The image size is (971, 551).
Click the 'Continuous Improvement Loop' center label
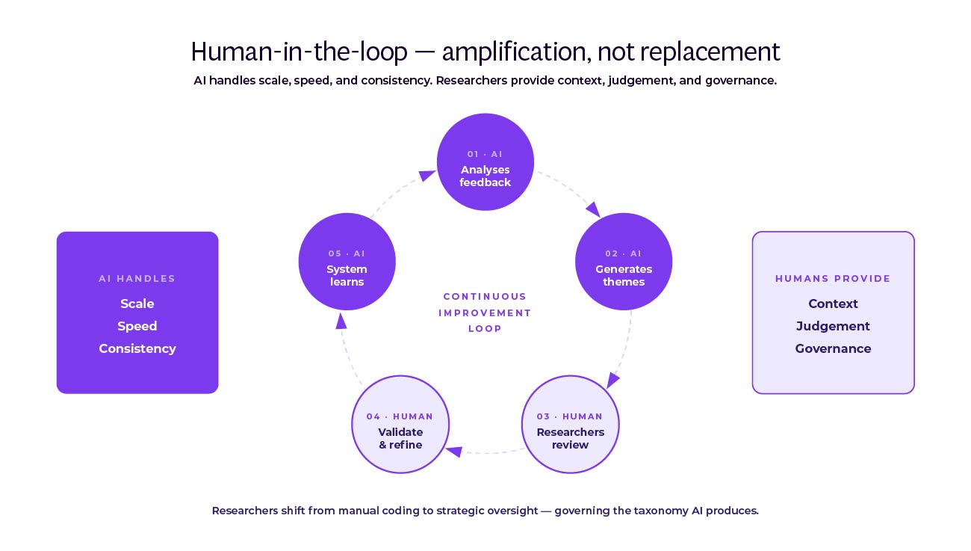point(485,313)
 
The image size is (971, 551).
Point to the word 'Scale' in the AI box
point(137,304)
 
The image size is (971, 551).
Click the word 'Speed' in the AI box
point(137,326)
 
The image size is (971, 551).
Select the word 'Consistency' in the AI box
point(137,348)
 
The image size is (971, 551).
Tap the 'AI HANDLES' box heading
point(137,279)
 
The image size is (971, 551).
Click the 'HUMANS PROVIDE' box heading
point(833,279)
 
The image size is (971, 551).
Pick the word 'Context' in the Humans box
point(833,304)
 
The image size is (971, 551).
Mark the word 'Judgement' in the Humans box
point(833,326)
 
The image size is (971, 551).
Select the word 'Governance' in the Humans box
point(833,348)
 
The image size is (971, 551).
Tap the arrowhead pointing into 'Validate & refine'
point(454,451)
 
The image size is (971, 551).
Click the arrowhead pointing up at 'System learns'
point(341,321)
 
